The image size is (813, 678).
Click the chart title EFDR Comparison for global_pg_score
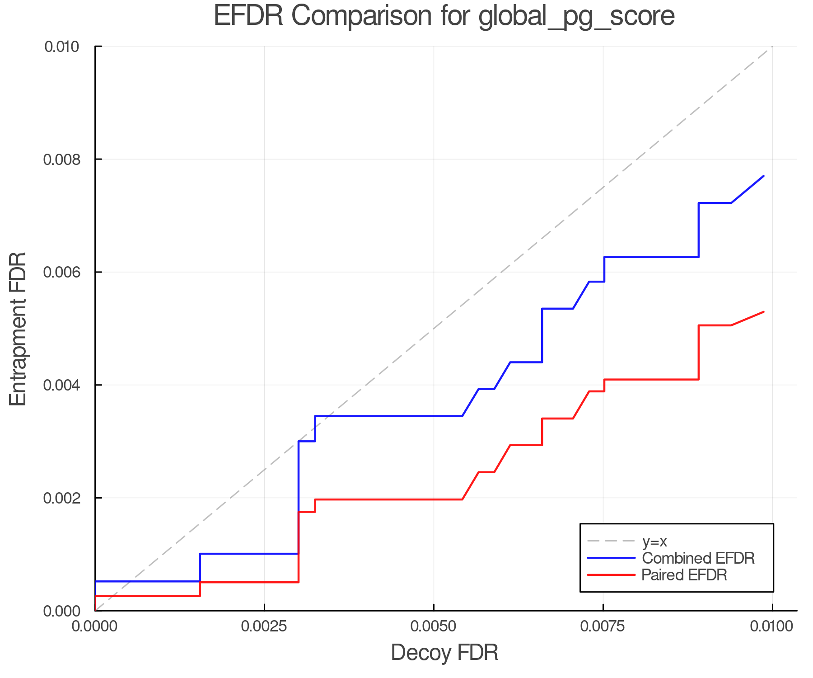point(444,16)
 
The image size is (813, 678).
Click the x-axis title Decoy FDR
point(444,652)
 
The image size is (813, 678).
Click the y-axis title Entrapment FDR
point(18,329)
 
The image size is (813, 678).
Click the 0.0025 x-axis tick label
point(264,626)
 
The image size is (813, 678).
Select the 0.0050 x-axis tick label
point(434,626)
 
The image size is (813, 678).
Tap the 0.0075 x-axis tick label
point(603,626)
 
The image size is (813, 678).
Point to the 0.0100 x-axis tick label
point(772,626)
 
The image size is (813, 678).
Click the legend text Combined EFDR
point(698,558)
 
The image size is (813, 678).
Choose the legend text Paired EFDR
point(684,575)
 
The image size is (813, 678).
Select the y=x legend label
point(654,541)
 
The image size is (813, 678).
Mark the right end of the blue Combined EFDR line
point(763,176)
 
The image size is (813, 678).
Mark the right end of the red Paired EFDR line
point(763,312)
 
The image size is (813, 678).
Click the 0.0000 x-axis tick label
point(95,626)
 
